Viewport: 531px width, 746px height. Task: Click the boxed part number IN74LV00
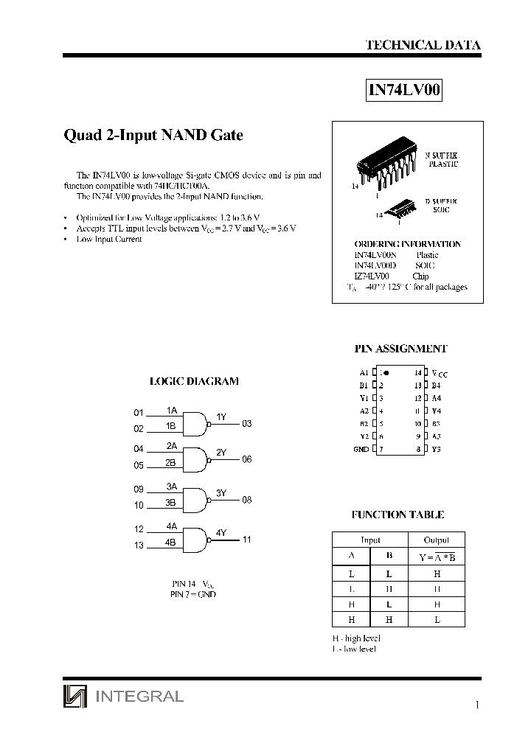(x=405, y=90)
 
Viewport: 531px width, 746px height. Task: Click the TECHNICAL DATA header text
(x=423, y=45)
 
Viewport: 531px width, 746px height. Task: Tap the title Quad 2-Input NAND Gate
(x=153, y=136)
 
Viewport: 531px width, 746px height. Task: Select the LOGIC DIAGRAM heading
(x=194, y=381)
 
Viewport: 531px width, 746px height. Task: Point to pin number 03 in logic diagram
(x=247, y=423)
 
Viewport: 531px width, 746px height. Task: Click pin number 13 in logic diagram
(x=139, y=545)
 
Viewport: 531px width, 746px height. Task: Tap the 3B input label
(x=171, y=503)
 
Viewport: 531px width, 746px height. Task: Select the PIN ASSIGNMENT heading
(x=401, y=349)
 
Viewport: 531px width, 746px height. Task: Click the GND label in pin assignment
(x=361, y=449)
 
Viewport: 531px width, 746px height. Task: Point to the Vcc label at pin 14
(x=439, y=374)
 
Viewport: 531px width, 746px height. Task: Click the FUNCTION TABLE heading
(x=398, y=515)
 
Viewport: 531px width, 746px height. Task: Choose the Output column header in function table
(x=437, y=540)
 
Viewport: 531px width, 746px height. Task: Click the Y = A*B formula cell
(x=437, y=557)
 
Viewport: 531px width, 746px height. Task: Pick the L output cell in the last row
(x=437, y=620)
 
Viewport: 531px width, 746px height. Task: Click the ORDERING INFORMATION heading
(x=407, y=244)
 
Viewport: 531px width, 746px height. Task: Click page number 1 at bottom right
(x=477, y=705)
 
